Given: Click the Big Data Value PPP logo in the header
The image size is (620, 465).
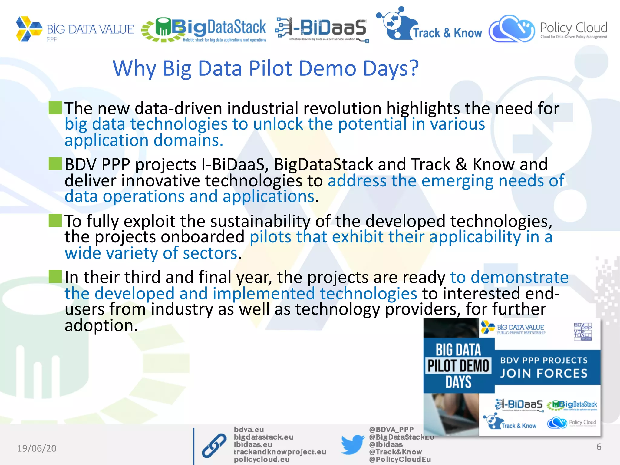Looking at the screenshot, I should tap(74, 29).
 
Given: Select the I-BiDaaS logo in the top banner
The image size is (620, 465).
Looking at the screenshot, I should tap(322, 29).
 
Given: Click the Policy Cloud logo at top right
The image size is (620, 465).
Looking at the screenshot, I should tap(548, 29).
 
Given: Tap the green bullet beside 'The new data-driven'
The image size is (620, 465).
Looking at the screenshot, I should tap(55, 108).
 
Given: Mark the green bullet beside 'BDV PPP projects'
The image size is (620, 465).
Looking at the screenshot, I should tap(55, 164).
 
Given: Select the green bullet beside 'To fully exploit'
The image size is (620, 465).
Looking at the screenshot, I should tap(55, 220).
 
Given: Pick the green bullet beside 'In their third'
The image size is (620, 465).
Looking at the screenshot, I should tap(55, 276).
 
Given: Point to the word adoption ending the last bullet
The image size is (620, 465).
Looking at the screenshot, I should tap(101, 325).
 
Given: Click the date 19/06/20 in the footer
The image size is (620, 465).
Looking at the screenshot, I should tap(37, 448).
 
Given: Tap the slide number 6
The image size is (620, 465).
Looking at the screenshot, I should tap(599, 447).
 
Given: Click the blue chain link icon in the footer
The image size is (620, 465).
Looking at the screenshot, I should tap(214, 445).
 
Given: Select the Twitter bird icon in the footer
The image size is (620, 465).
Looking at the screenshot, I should tap(352, 444).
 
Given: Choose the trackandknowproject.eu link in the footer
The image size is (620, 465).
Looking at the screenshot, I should tap(279, 452).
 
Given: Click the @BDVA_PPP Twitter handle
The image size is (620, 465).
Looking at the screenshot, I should tap(391, 430).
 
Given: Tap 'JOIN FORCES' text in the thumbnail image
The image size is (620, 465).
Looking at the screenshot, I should tap(543, 373).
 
